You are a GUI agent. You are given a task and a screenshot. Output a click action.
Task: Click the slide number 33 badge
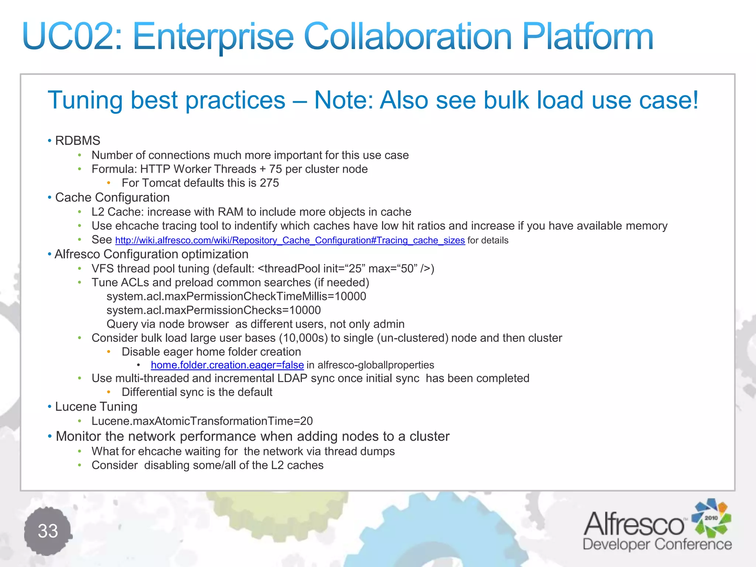[48, 531]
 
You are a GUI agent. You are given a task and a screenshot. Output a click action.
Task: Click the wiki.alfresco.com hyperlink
[290, 240]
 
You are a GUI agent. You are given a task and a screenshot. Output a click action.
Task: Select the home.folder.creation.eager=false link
[227, 365]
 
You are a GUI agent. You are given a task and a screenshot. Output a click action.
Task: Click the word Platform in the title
[588, 37]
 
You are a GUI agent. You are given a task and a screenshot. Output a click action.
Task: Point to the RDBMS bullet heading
[78, 141]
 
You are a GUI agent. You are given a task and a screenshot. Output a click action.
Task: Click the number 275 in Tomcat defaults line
[269, 183]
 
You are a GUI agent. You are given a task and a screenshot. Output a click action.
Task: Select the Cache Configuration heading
[112, 197]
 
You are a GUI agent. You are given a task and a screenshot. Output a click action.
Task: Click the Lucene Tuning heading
[96, 406]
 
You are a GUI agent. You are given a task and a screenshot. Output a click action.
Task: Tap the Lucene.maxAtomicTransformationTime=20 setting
[202, 421]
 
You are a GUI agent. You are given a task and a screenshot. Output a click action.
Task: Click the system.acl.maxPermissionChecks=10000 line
[213, 310]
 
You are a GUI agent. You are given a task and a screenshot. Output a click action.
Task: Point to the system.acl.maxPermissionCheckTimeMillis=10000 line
[236, 296]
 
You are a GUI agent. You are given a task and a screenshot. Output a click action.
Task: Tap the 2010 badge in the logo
[711, 518]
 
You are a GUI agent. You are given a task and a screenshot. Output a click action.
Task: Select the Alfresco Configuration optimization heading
[151, 254]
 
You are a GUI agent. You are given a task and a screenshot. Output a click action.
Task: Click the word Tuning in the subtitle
[85, 100]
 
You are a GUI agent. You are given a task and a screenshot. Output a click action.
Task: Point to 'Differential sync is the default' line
[197, 392]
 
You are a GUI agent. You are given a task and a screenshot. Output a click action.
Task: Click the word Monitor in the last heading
[78, 436]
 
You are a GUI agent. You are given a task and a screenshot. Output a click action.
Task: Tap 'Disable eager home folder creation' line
[211, 352]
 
